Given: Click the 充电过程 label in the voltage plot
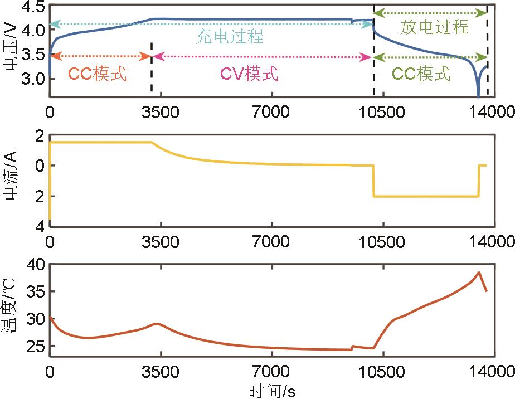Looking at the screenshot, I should coord(229,37).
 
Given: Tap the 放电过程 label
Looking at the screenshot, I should coord(435,26).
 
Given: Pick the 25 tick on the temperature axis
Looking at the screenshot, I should coord(32,346).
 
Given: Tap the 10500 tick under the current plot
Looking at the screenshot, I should coord(382,241).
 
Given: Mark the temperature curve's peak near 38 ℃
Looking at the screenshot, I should coord(478,273).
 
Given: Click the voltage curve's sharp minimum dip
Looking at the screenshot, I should coord(478,96).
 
